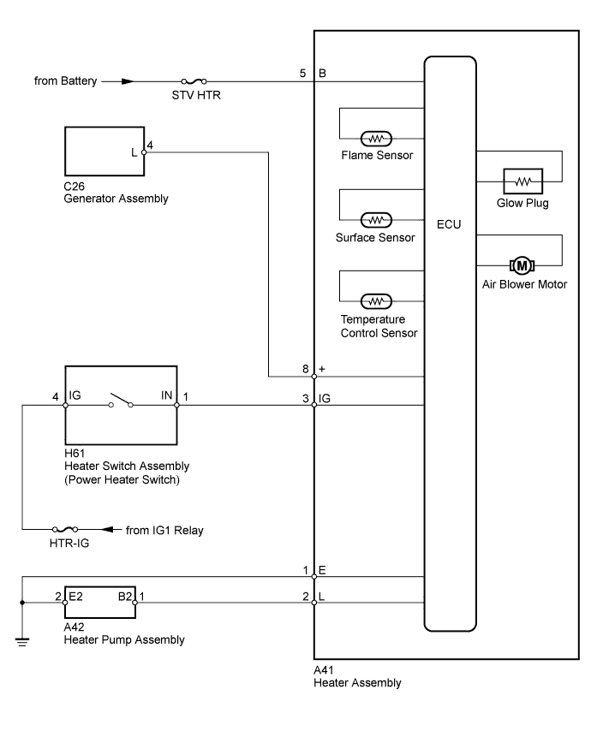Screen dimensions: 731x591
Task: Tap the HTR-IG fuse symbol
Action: click(67, 529)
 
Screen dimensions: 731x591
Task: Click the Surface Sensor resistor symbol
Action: click(375, 220)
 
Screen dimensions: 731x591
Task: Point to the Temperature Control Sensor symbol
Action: click(375, 300)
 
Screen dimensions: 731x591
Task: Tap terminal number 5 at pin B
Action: click(302, 74)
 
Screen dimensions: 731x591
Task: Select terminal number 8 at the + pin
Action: click(304, 368)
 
